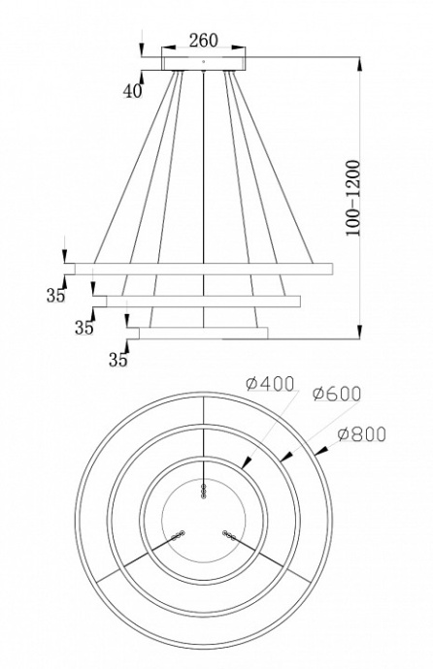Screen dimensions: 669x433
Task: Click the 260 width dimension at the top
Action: coord(203,40)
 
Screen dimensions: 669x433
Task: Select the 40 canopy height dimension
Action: coord(132,91)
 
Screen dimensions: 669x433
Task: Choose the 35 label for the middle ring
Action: coord(84,328)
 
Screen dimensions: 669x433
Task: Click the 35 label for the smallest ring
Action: coord(118,360)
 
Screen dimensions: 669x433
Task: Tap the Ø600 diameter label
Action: coord(337,394)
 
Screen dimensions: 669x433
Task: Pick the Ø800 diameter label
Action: coord(361,434)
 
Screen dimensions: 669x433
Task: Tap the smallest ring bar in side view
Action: coord(203,333)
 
